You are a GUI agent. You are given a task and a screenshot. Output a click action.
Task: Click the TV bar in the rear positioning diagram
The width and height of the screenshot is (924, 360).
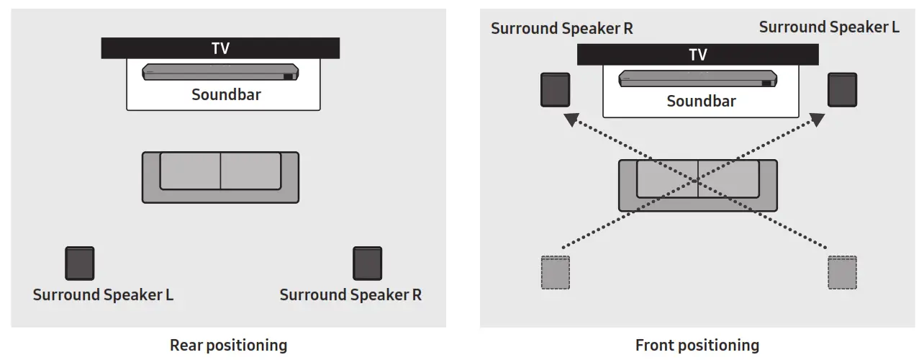tap(220, 49)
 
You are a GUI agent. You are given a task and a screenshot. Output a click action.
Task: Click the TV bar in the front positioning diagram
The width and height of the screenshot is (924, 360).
tap(697, 55)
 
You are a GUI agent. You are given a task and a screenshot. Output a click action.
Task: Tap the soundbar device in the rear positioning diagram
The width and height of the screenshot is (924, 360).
tap(220, 73)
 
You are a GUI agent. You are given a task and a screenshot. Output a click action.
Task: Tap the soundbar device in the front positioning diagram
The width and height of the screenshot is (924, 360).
tap(697, 78)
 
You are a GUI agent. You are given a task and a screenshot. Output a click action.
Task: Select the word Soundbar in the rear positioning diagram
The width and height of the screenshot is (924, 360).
tap(226, 95)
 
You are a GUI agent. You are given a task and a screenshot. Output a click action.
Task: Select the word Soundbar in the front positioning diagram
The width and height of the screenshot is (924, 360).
tap(701, 102)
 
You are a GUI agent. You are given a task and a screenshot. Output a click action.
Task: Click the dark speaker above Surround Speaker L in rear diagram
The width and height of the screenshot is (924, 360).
tap(80, 264)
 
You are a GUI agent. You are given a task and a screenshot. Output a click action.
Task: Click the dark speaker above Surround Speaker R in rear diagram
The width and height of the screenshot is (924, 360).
tap(367, 264)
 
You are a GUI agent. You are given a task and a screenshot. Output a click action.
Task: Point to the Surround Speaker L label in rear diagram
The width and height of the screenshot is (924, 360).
tap(103, 295)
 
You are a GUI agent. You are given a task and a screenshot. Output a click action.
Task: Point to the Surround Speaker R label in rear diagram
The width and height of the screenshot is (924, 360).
tap(350, 295)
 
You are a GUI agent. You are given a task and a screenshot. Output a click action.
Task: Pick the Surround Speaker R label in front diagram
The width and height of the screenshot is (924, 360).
tap(562, 29)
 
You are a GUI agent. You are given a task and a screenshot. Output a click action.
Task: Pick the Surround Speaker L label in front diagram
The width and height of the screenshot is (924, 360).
tap(829, 27)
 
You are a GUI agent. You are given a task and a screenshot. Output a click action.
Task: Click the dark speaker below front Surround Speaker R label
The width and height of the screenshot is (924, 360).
tap(555, 90)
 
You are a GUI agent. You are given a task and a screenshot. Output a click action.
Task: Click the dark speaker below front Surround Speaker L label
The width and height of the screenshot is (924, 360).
tap(842, 90)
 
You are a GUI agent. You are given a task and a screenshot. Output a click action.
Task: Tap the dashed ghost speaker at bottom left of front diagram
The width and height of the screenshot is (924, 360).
tap(555, 272)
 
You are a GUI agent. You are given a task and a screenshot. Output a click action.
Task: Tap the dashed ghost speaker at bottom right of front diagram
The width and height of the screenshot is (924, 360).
tap(842, 272)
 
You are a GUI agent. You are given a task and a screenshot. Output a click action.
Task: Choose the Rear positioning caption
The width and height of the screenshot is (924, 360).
tap(228, 346)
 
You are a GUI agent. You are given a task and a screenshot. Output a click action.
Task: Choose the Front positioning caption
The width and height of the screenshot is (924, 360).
tap(697, 346)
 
